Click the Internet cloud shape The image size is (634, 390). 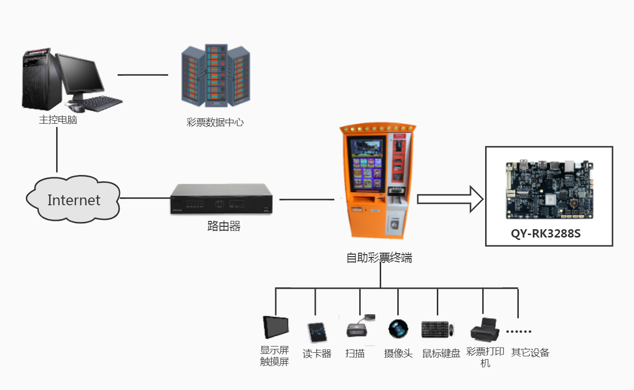(x=73, y=199)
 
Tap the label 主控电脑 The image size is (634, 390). (x=58, y=120)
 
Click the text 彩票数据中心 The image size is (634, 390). (x=215, y=122)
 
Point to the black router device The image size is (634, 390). (x=222, y=198)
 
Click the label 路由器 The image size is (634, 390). (x=224, y=226)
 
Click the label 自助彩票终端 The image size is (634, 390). (x=379, y=258)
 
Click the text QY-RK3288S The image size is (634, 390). (x=546, y=233)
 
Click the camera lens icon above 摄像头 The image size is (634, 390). (x=397, y=328)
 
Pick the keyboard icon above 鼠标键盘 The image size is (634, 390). (x=436, y=329)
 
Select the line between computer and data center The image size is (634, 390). (x=143, y=75)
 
